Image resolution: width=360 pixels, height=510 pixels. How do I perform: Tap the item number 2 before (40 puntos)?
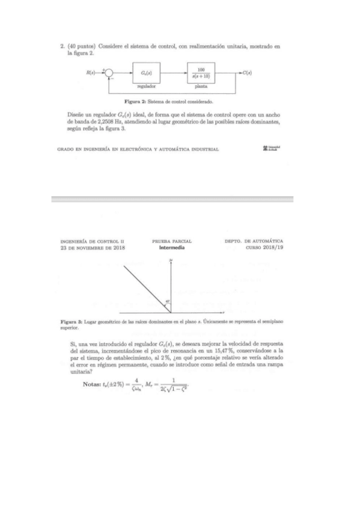point(62,45)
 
